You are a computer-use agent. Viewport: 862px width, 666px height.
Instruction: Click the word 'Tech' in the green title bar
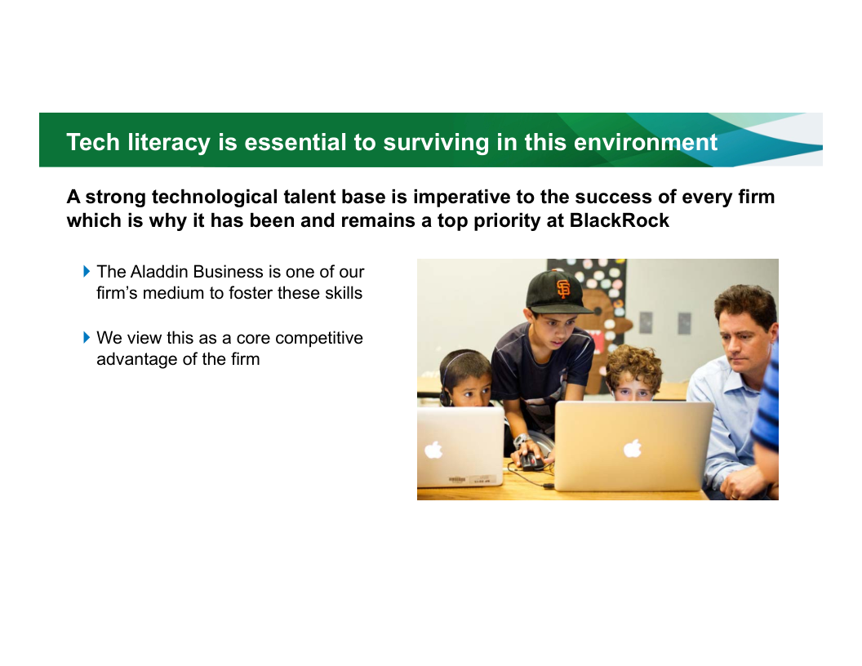[x=93, y=142]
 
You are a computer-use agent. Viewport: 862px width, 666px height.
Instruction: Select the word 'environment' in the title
[x=646, y=142]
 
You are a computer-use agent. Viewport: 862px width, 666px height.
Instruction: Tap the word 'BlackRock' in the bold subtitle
[x=619, y=220]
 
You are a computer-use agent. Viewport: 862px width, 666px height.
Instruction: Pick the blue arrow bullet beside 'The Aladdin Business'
[x=87, y=271]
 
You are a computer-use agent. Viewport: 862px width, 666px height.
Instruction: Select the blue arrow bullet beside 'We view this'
[x=87, y=337]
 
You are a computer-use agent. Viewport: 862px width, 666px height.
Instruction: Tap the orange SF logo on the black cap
[x=563, y=288]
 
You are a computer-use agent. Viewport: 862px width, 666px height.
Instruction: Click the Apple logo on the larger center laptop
[x=633, y=448]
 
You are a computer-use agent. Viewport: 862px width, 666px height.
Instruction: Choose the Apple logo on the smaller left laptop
[x=433, y=450]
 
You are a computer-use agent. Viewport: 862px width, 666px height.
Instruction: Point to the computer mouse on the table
[x=531, y=460]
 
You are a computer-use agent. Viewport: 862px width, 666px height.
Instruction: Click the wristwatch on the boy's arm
[x=521, y=440]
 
